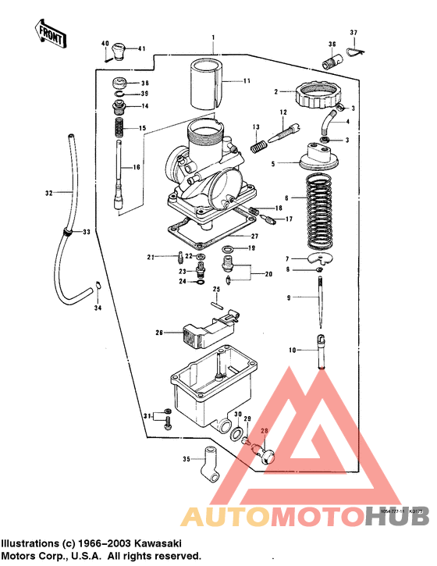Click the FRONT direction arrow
click(x=48, y=33)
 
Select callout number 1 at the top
click(x=212, y=37)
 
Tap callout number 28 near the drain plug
click(x=264, y=432)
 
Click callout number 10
click(x=292, y=351)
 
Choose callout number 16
click(x=136, y=167)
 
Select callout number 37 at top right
click(x=353, y=33)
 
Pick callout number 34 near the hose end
click(x=98, y=308)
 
